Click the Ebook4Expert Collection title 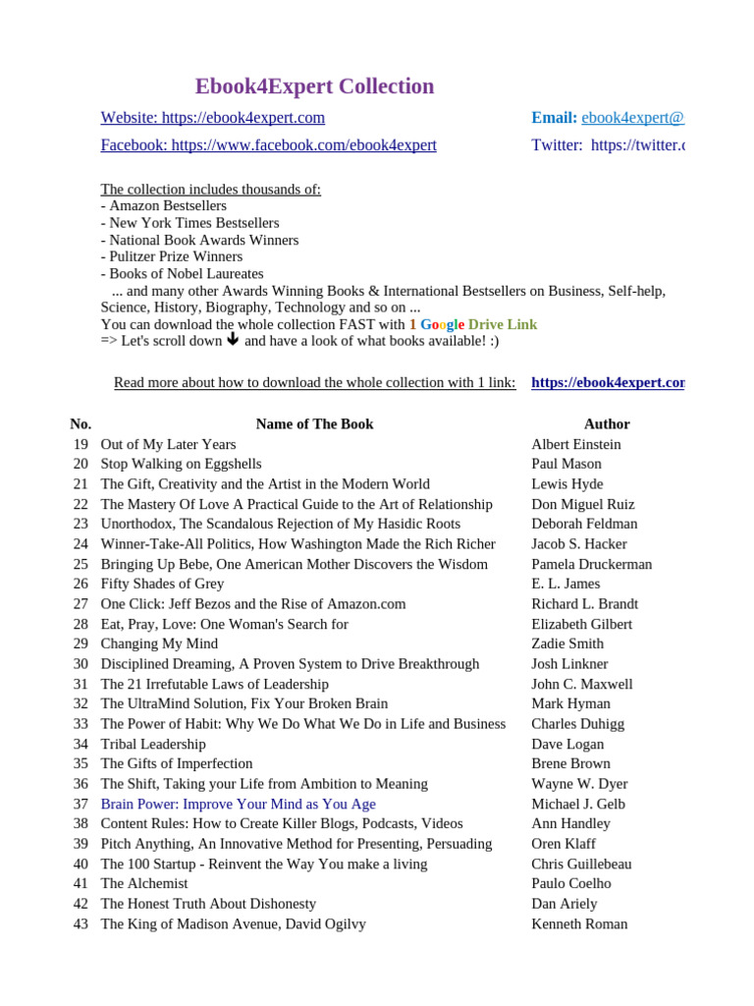point(314,86)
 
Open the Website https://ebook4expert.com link point(212,118)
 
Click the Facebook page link point(268,145)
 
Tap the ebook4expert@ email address point(632,118)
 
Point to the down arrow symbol point(233,340)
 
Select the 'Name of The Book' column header point(314,424)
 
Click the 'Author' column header point(607,424)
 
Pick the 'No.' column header point(81,424)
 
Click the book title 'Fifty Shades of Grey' point(162,584)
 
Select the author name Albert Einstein point(575,444)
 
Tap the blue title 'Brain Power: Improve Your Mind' point(238,804)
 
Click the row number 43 point(81,923)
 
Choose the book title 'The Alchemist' point(143,883)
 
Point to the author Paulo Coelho point(570,883)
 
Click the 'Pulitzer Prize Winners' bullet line point(172,256)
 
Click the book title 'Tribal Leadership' point(153,744)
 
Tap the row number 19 point(81,444)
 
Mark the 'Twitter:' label point(557,145)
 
